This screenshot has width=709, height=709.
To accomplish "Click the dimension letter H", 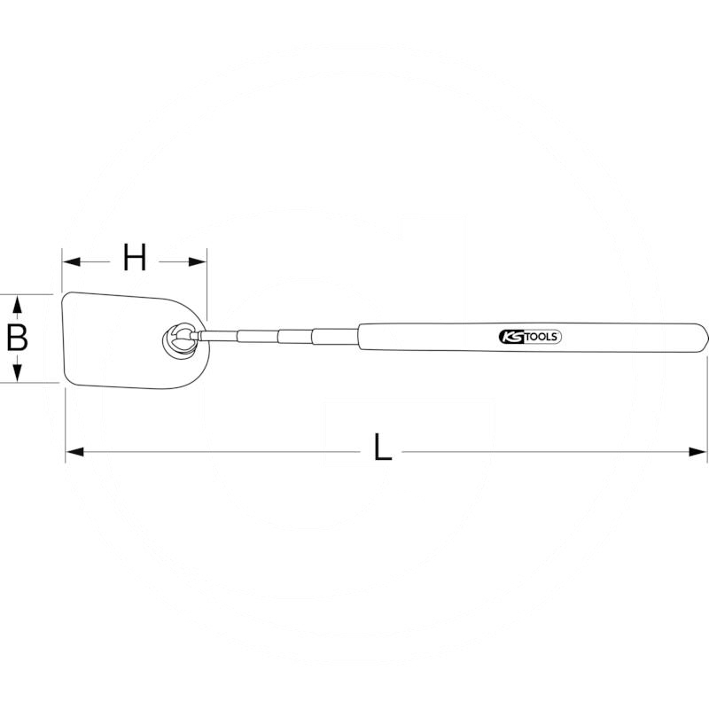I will pos(134,260).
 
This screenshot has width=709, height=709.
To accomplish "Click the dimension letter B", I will pos(16,339).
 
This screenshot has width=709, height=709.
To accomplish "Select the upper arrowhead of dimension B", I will pos(16,302).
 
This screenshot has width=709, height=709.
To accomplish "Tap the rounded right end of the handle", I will pos(703,338).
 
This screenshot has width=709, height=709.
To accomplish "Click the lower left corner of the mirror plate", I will pos(65,383).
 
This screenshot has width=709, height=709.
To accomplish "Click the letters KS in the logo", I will pos(510,338).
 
